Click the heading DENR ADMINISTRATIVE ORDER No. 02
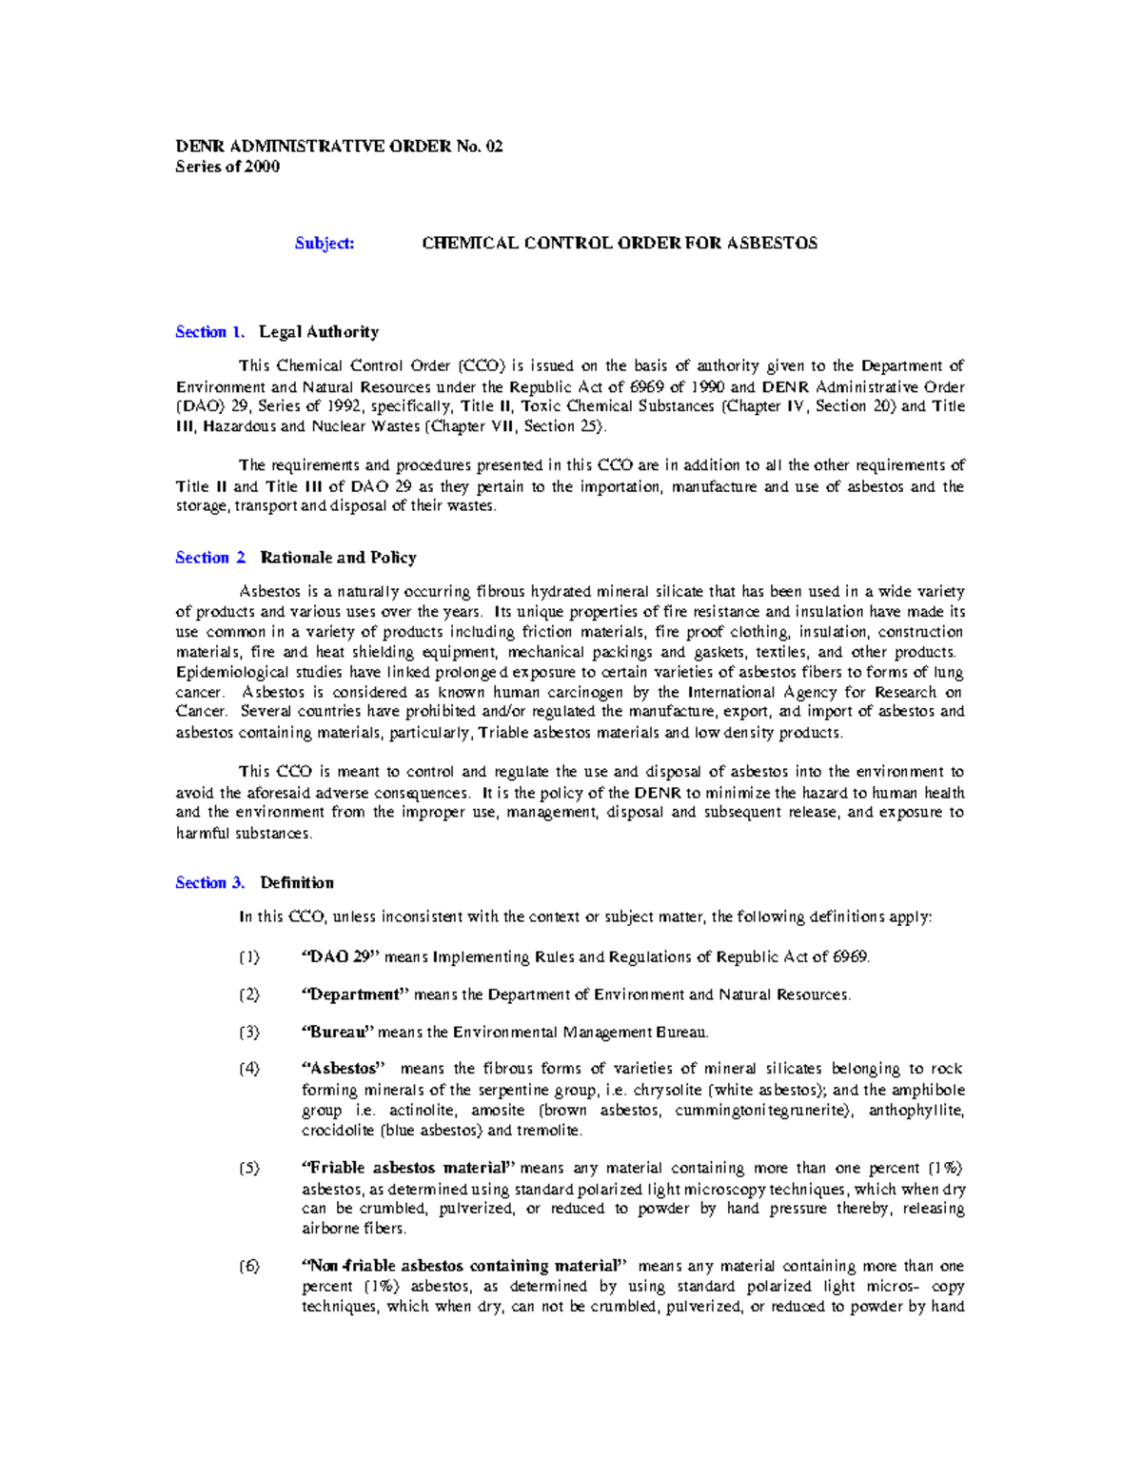tap(339, 146)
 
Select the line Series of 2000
tap(227, 167)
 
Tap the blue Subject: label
tap(325, 243)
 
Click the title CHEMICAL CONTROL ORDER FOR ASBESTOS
tap(620, 243)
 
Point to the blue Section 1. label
tap(209, 332)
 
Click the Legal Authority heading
tap(319, 332)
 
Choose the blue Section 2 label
tap(210, 558)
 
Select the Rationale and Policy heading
tap(338, 558)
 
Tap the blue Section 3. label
tap(209, 883)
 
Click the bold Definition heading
tap(297, 883)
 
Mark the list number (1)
tap(248, 956)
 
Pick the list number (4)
tap(248, 1069)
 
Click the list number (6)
tap(248, 1267)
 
